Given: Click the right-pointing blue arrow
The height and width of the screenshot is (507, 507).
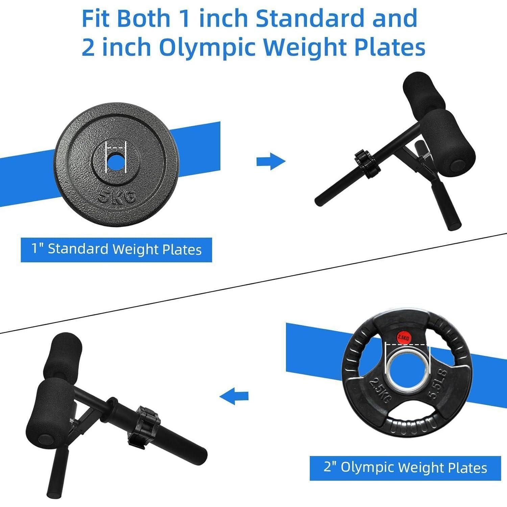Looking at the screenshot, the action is pyautogui.click(x=271, y=161).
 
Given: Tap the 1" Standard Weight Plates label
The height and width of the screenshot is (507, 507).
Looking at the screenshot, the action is pyautogui.click(x=116, y=249).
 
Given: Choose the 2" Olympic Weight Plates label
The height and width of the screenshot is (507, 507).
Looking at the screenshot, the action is pyautogui.click(x=405, y=468).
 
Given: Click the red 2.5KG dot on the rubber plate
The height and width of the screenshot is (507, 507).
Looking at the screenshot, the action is pyautogui.click(x=403, y=337).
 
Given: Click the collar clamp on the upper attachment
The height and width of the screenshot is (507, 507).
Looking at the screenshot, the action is pyautogui.click(x=367, y=163).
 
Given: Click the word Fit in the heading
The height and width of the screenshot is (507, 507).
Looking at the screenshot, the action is pyautogui.click(x=97, y=18).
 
